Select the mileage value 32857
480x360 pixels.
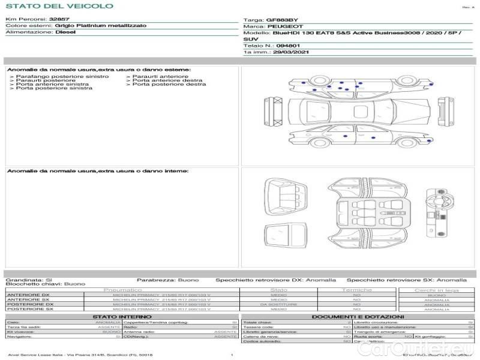59,19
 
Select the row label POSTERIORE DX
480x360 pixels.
29,304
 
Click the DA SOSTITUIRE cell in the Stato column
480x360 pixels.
279,304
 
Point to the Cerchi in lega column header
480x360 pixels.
436,290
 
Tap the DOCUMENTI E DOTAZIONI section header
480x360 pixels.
358,316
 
